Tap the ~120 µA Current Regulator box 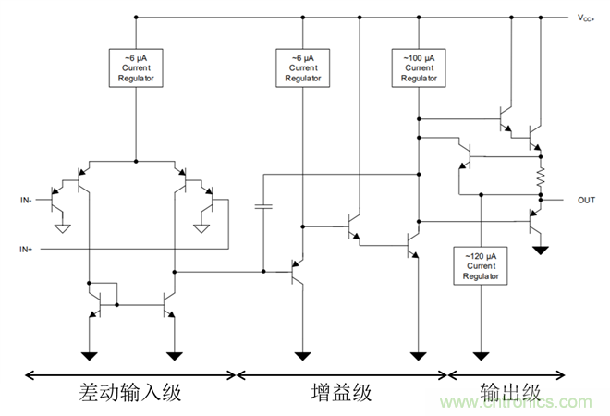(480, 264)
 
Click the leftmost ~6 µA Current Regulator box (136, 67)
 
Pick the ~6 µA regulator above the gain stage (302, 67)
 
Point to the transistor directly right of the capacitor (297, 272)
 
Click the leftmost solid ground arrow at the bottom (90, 355)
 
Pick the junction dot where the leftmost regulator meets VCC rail (136, 18)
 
